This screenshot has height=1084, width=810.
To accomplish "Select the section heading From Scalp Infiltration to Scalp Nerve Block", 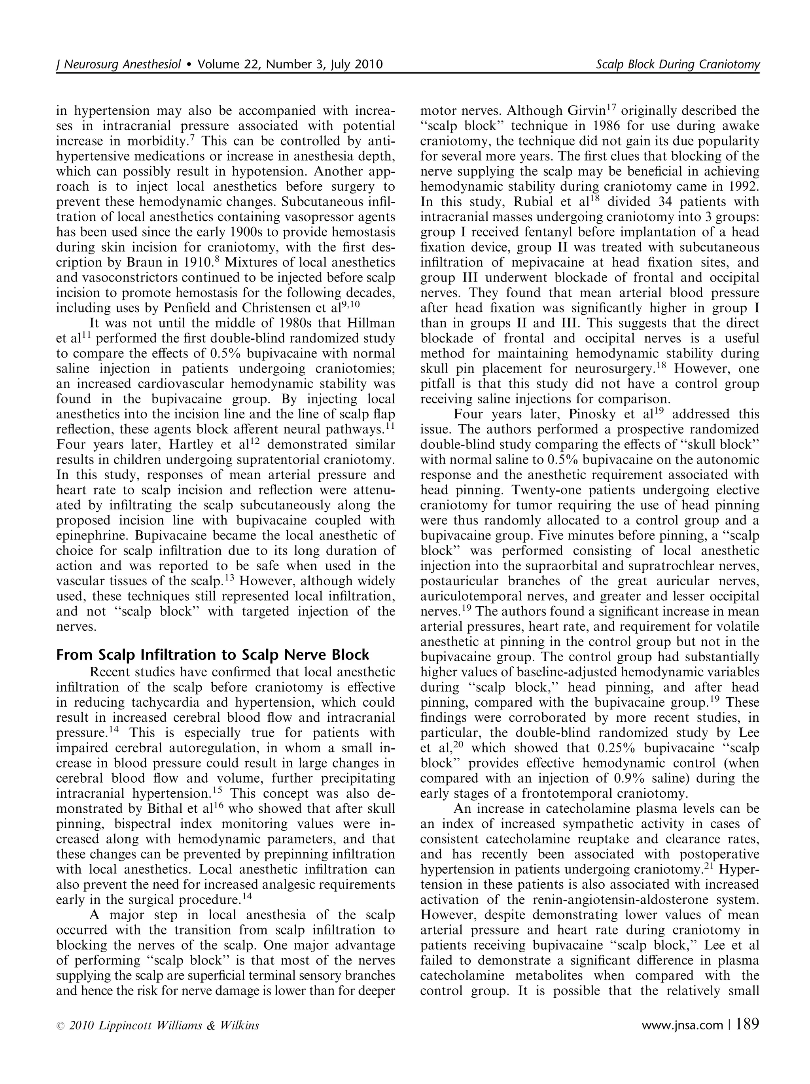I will [x=213, y=655].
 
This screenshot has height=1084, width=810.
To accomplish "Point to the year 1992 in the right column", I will [x=742, y=187].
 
